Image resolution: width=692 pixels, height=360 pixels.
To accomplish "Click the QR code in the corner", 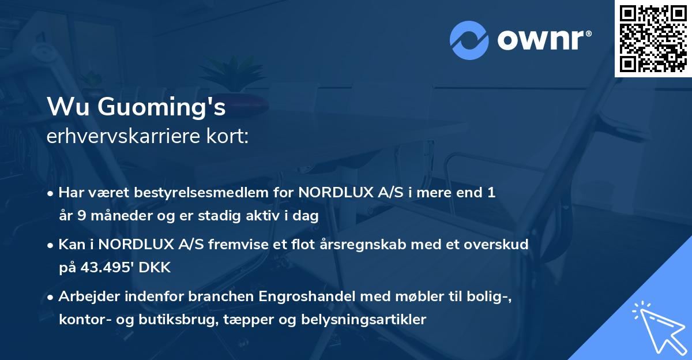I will coord(653,38).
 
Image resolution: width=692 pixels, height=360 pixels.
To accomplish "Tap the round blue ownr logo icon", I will coord(469,40).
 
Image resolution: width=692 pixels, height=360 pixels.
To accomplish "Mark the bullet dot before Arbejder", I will coord(52,298).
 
